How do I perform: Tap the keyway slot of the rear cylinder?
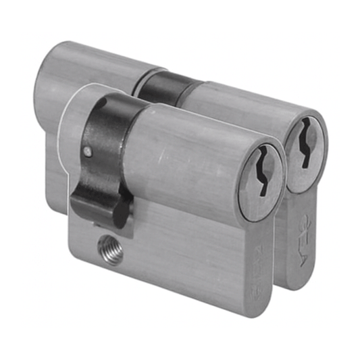pos(304,142)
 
